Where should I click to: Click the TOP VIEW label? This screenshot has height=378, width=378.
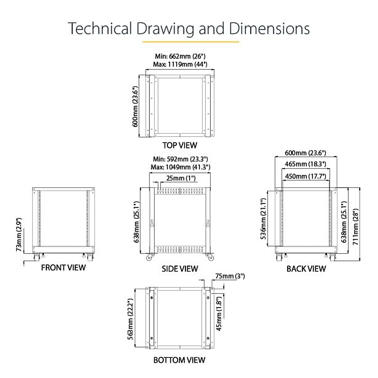180,145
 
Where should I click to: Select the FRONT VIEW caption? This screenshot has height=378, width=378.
63,268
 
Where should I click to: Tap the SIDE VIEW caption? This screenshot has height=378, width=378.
180,269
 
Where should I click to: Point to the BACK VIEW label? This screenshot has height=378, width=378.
306,269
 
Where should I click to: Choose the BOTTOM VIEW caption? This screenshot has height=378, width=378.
179,360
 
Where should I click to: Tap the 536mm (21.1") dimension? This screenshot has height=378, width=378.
264,219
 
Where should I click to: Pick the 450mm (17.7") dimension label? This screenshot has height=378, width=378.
305,176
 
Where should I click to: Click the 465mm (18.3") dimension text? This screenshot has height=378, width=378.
305,164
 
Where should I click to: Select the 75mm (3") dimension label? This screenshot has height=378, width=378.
230,276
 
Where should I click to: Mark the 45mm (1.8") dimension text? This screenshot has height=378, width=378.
219,312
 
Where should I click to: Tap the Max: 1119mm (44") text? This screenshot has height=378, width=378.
180,65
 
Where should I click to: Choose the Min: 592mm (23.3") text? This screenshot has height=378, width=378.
180,159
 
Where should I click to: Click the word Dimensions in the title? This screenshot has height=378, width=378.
269,28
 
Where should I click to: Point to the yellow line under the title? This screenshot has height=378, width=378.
191,42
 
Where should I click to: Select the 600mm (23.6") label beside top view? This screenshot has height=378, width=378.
135,107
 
